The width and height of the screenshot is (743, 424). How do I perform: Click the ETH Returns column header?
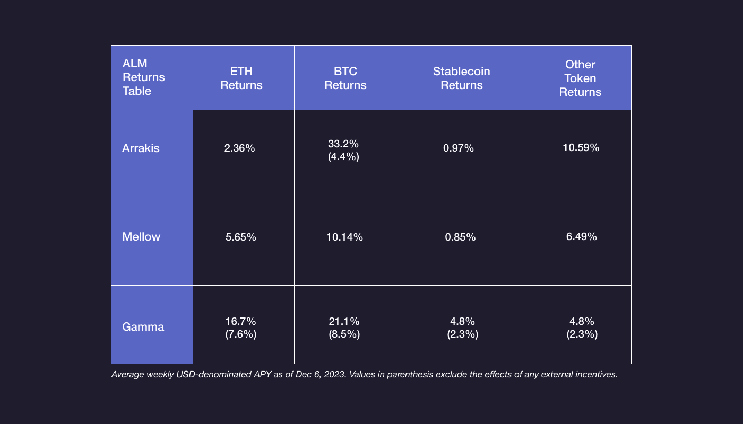[x=241, y=78]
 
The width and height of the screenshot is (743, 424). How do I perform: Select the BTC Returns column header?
[x=345, y=78]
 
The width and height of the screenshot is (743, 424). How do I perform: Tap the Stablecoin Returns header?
[x=461, y=78]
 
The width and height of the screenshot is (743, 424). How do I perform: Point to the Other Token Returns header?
[x=580, y=78]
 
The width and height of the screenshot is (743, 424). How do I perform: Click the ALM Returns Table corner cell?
[x=144, y=77]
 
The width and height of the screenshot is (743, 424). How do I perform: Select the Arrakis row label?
[x=141, y=148]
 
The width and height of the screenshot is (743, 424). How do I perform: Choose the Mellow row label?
[x=141, y=237]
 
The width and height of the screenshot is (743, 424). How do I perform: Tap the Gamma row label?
[x=143, y=326]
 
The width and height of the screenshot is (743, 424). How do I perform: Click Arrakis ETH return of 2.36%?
[x=239, y=148]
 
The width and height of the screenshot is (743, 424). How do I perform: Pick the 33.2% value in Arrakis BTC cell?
[x=344, y=144]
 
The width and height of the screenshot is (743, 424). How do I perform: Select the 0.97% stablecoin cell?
[x=458, y=148]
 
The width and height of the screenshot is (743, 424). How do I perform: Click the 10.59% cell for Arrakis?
[x=581, y=148]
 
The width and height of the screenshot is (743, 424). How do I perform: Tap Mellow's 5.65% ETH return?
[x=241, y=237]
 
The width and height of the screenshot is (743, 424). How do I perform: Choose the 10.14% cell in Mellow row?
[x=344, y=237]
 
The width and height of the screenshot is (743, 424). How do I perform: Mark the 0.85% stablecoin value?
[x=460, y=237]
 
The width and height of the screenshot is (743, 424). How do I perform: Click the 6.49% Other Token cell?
[x=582, y=237]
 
